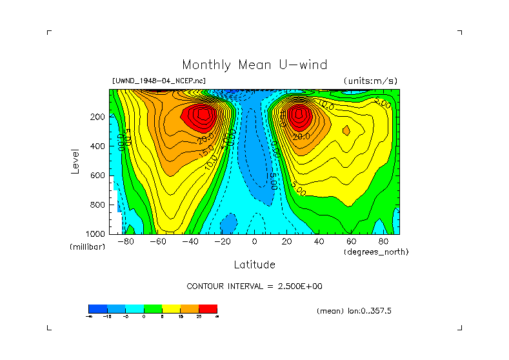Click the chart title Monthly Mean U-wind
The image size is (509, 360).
coord(254,65)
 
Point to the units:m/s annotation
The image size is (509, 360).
coord(370,81)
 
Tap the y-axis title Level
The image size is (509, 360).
coord(76,161)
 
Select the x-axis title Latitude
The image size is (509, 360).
coord(254,265)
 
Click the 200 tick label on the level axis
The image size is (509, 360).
coord(98,117)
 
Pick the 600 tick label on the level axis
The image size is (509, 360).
coord(98,175)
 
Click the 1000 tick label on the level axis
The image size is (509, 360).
coord(96,234)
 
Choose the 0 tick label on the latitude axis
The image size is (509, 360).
coord(254,241)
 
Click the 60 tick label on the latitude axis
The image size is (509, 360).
coord(351,241)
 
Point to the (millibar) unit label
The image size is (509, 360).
coord(87,247)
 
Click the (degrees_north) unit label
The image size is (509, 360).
coord(376,252)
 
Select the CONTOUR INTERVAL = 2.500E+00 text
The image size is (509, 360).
coord(254,286)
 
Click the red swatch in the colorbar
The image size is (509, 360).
coord(208,308)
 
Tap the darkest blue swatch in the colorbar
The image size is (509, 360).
coord(97,308)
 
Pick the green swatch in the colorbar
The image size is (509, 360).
coord(153,308)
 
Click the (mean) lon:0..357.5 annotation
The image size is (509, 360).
coord(354,311)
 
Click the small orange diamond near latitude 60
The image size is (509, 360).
coord(346,130)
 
